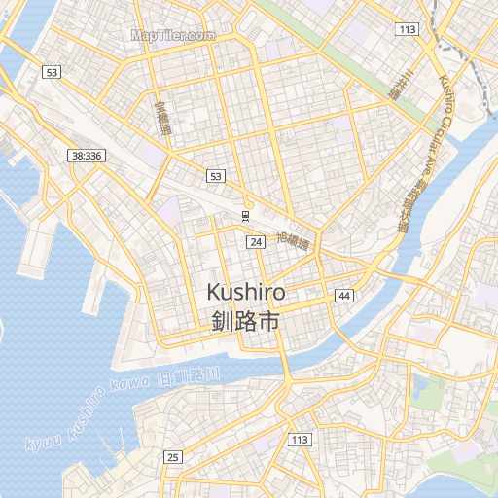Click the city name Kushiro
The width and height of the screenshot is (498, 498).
[x=246, y=292]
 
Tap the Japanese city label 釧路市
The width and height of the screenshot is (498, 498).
[x=245, y=320]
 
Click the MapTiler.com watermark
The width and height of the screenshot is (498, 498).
[x=172, y=35]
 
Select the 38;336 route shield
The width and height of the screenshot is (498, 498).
[x=86, y=156]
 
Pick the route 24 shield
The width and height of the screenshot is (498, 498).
[x=256, y=241]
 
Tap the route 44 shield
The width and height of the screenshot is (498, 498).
[x=344, y=295]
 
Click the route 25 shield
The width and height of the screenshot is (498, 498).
[x=173, y=457]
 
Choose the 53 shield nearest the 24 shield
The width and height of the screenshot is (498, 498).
[x=215, y=176]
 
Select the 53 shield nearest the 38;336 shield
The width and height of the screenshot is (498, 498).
[x=52, y=73]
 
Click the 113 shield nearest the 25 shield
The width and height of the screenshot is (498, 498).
[x=300, y=440]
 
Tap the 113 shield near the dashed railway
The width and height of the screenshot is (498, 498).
[x=407, y=30]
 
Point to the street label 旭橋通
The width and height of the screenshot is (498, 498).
[x=293, y=240]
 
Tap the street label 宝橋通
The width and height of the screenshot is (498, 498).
[x=162, y=117]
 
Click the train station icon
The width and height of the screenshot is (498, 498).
[x=246, y=215]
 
